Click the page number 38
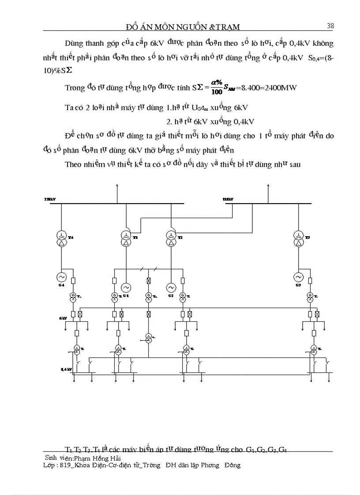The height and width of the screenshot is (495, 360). pyautogui.click(x=330, y=26)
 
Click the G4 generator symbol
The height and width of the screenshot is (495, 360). pyautogui.click(x=60, y=277)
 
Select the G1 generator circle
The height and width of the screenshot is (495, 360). pyautogui.click(x=126, y=288)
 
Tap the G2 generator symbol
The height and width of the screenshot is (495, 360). pyautogui.click(x=170, y=288)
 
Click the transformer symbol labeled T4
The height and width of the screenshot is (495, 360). pyautogui.click(x=60, y=238)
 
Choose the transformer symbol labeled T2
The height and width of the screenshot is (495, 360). pyautogui.click(x=170, y=238)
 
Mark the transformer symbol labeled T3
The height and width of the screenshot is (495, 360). pyautogui.click(x=298, y=238)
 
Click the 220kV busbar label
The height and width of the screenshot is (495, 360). pyautogui.click(x=50, y=200)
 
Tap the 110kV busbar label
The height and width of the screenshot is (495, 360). pyautogui.click(x=228, y=200)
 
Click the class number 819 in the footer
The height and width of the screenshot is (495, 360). pyautogui.click(x=64, y=465)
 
